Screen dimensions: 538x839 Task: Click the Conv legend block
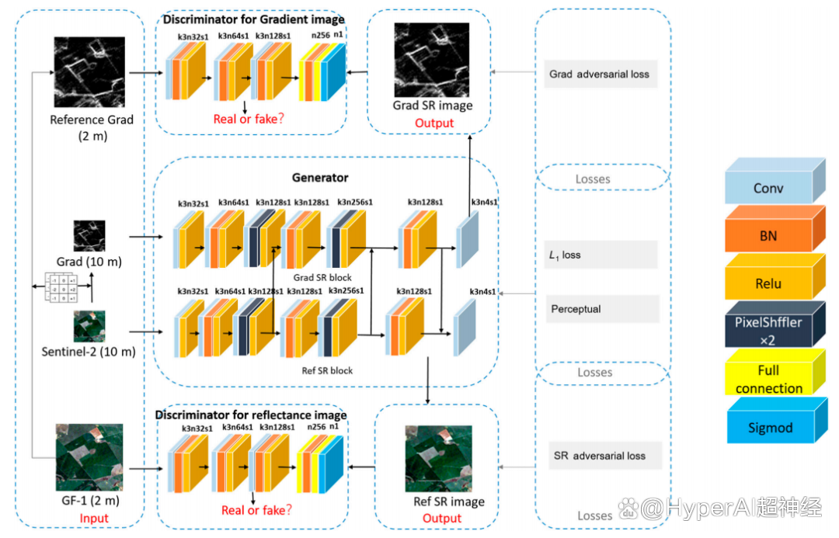coord(768,189)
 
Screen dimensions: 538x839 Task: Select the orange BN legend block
coord(768,236)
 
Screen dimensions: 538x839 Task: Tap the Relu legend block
coord(768,284)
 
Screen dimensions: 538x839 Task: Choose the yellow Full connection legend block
coord(768,379)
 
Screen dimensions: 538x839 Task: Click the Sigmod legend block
coord(768,428)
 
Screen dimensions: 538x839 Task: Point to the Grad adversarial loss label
coord(600,75)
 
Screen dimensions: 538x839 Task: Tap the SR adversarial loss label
coord(600,456)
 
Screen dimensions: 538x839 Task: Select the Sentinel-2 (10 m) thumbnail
coord(89,327)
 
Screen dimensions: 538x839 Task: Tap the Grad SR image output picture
coord(433,59)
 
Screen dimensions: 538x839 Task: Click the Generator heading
coord(320,178)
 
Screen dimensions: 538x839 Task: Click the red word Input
coord(94,519)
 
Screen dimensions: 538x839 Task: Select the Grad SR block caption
coord(322,277)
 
